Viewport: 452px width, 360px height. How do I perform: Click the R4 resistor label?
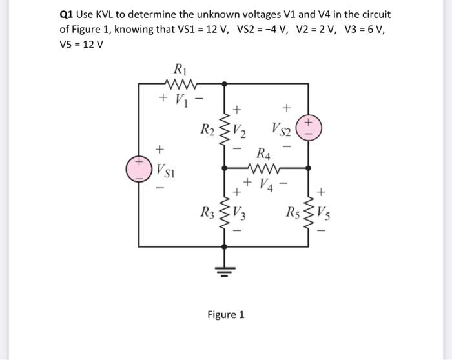click(263, 155)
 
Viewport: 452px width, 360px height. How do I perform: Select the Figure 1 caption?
click(226, 315)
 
